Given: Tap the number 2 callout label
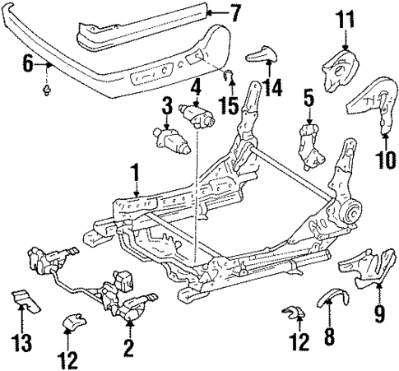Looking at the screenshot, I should tap(128, 348).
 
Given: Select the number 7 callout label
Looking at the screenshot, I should tap(235, 12).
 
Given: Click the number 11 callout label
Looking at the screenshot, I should tap(345, 16).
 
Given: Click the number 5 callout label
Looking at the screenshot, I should tap(308, 100).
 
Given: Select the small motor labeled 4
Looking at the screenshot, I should tap(201, 114).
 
